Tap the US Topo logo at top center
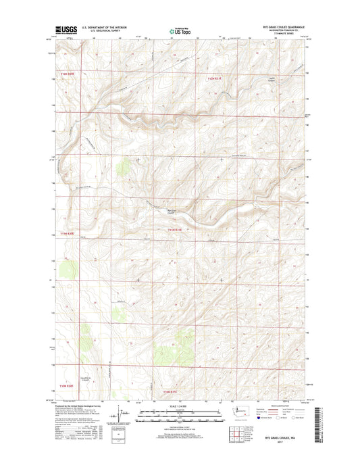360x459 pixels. (180, 30)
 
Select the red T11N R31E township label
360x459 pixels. (178, 231)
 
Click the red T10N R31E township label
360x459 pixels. (174, 391)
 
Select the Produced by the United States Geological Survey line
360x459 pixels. (82, 404)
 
